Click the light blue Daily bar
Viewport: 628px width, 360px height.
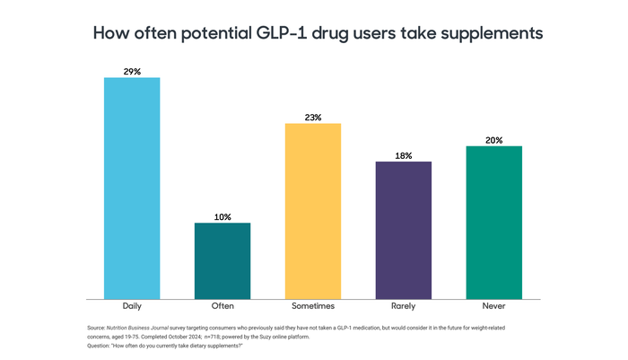click(x=132, y=188)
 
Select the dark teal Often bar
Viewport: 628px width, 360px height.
click(x=222, y=260)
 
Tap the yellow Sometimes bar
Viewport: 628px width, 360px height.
click(x=313, y=211)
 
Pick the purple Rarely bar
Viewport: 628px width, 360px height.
click(x=404, y=230)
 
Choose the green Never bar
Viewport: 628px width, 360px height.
click(x=494, y=222)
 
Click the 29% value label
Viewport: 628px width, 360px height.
click(x=132, y=70)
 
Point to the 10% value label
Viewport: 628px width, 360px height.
click(x=222, y=216)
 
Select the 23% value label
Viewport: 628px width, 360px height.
click(x=313, y=117)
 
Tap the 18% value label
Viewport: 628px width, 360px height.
click(x=404, y=155)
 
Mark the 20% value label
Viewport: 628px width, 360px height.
click(x=494, y=140)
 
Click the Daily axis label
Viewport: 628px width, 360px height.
click(x=132, y=306)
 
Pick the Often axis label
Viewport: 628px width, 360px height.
click(x=222, y=306)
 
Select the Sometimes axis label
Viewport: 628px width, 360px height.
click(x=313, y=306)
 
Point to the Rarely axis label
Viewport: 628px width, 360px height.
click(x=404, y=306)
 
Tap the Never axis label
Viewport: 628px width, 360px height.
click(x=494, y=306)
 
